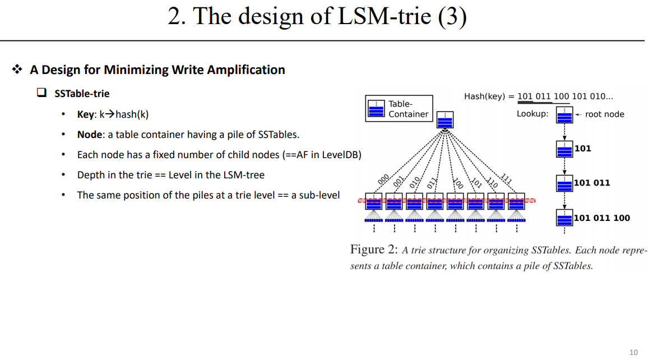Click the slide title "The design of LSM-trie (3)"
click(317, 16)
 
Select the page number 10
click(633, 352)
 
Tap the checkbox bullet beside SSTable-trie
click(41, 93)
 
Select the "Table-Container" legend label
click(408, 109)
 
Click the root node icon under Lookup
click(564, 116)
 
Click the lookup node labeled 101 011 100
click(564, 218)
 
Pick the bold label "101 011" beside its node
click(592, 183)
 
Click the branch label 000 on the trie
click(383, 179)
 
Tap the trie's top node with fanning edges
click(445, 120)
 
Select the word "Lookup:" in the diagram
click(533, 114)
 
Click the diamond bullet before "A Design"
click(17, 70)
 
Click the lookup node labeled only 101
click(564, 149)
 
